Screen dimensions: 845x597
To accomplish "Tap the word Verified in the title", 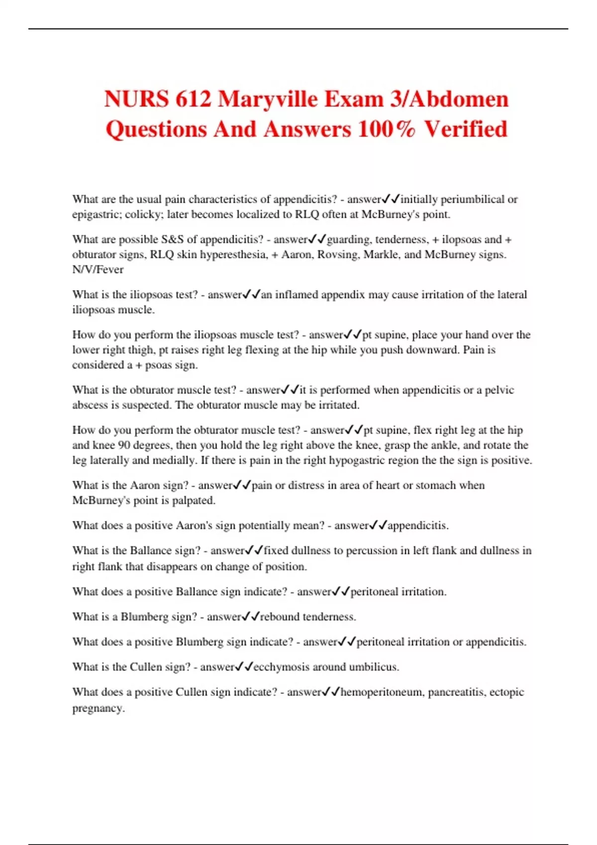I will (x=466, y=129).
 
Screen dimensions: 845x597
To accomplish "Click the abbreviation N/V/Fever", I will (x=98, y=269).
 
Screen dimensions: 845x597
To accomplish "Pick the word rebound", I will (x=280, y=617).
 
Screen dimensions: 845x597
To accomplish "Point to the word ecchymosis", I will (x=281, y=667).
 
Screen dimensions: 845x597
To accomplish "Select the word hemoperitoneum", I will (x=382, y=692).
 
